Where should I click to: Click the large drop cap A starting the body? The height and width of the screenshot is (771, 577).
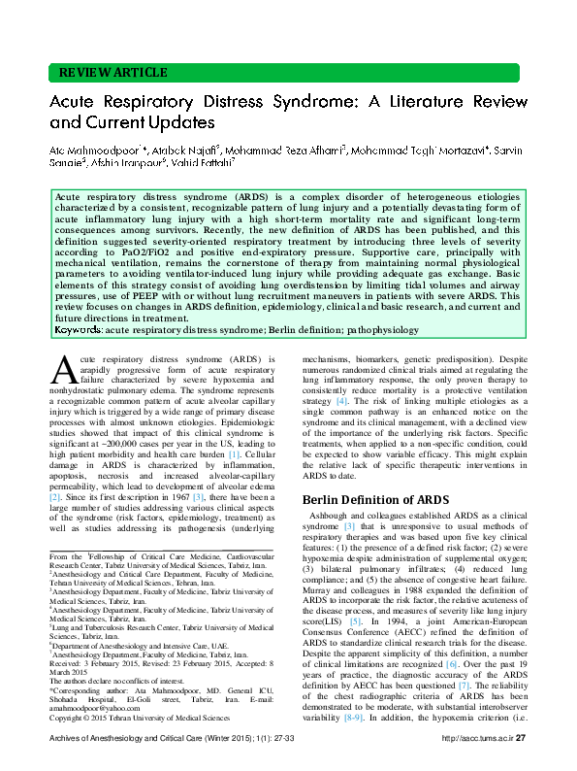pyautogui.click(x=64, y=370)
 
